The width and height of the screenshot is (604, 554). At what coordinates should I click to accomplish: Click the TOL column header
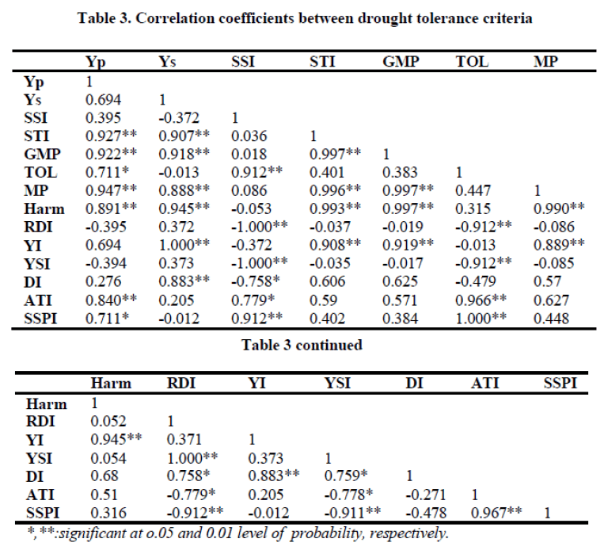click(471, 62)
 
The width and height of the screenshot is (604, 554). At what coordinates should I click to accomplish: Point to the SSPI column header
click(559, 383)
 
